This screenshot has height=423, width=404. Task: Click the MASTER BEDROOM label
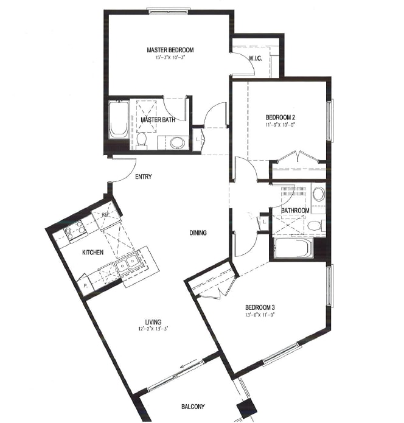170,50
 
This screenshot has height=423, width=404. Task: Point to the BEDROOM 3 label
263,307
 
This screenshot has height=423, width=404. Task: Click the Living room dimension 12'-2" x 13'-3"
153,330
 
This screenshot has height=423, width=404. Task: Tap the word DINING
197,232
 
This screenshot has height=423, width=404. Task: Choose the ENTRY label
143,177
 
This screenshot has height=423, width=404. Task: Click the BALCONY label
192,407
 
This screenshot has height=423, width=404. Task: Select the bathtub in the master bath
119,120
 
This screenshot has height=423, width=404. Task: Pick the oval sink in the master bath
176,142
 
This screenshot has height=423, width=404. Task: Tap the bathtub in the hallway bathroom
292,249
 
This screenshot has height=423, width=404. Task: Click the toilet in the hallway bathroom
313,226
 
